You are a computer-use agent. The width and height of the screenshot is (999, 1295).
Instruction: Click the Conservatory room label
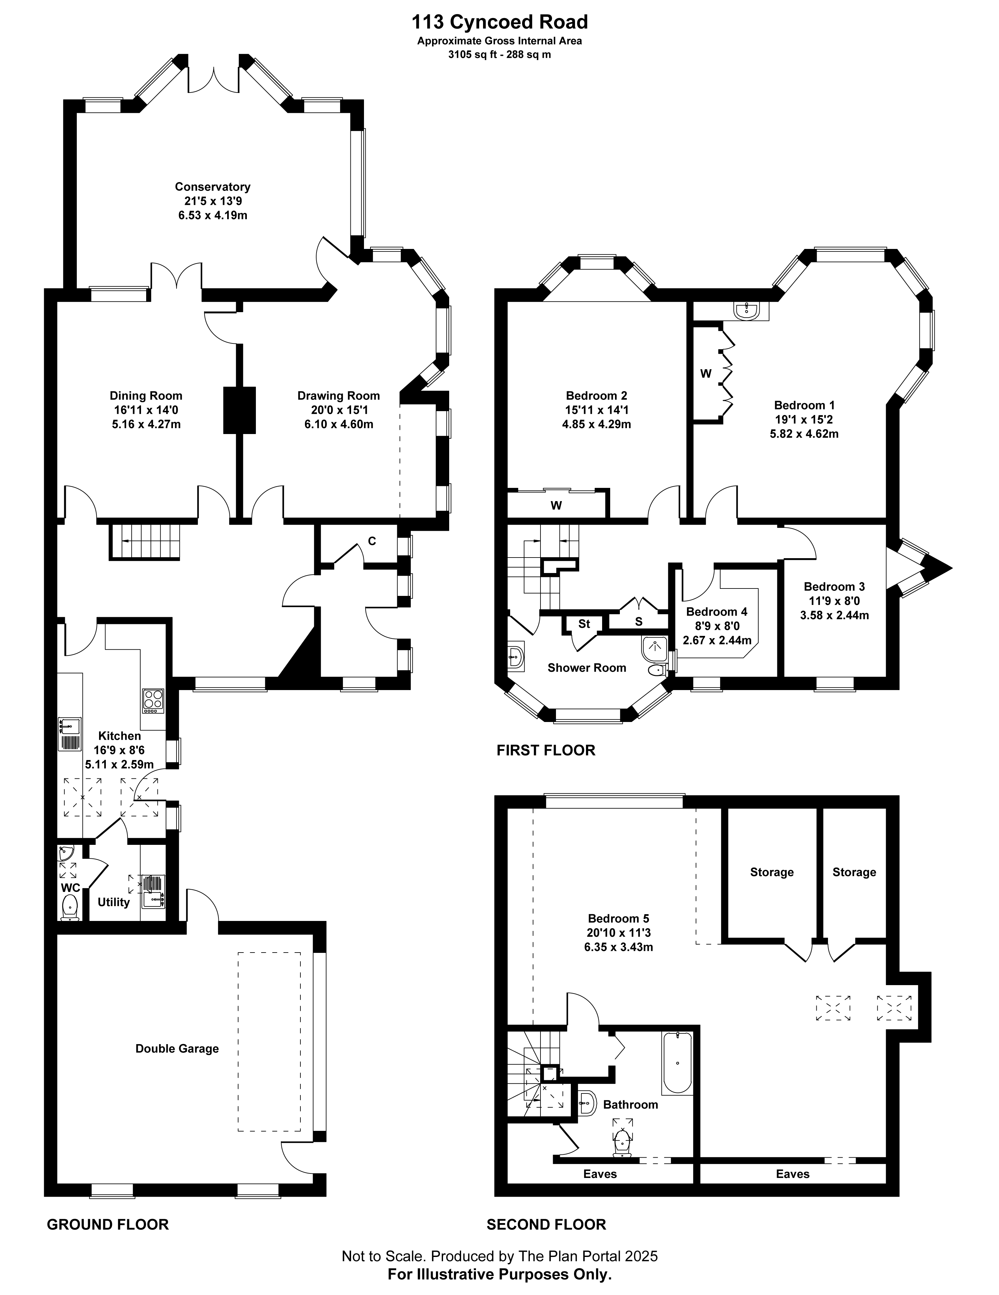[x=212, y=187]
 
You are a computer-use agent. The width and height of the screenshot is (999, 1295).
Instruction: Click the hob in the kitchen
[x=152, y=700]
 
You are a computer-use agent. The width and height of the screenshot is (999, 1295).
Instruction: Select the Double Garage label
[x=177, y=1048]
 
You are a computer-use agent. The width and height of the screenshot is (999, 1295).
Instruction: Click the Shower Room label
[x=587, y=668]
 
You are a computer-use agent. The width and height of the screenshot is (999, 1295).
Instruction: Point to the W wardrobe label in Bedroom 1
[x=706, y=373]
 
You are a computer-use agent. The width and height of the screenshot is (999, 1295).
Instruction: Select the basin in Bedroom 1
[x=746, y=311]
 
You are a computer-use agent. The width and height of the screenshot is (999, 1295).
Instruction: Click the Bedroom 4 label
[x=717, y=611]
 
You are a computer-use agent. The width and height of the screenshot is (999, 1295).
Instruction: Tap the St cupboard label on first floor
[x=584, y=623]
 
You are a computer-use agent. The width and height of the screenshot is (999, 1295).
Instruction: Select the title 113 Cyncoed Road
[x=499, y=22]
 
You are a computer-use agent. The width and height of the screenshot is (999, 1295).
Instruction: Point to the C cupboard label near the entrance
[x=372, y=541]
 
